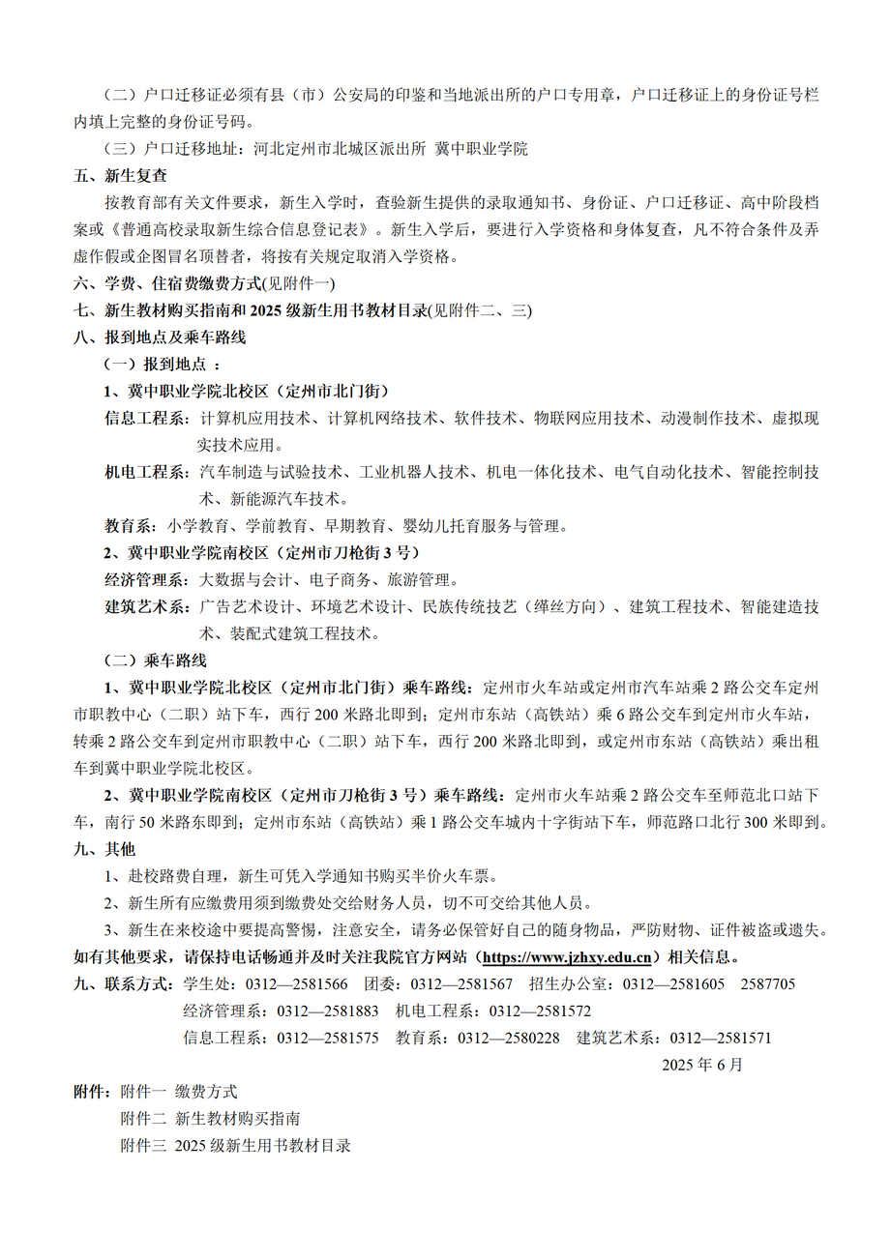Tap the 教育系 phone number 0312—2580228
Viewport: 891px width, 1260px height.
click(x=508, y=1039)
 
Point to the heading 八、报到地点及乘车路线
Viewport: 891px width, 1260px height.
click(x=160, y=338)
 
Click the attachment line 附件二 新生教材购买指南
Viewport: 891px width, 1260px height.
click(x=210, y=1119)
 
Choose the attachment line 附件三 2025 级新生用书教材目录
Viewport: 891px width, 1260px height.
click(x=235, y=1146)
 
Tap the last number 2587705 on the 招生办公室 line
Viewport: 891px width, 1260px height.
click(x=768, y=984)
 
